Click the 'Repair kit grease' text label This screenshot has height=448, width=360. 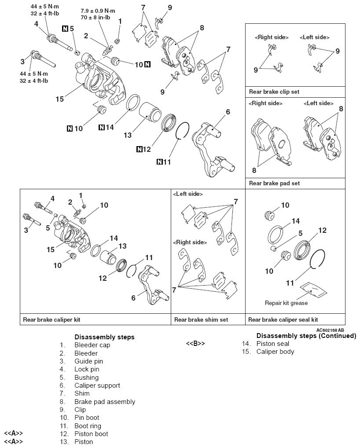286,303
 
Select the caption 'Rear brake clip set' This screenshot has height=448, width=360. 274,92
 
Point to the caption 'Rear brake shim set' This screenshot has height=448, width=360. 201,320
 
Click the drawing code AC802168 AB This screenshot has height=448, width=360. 330,330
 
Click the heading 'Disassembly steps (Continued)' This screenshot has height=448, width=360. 306,336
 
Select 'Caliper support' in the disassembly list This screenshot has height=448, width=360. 97,386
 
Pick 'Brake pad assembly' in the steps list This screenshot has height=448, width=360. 104,402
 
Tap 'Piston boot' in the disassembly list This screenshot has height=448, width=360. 91,434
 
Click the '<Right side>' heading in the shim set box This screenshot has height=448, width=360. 190,242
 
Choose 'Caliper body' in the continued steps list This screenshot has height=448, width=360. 275,352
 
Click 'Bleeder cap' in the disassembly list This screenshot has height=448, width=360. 92,345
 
